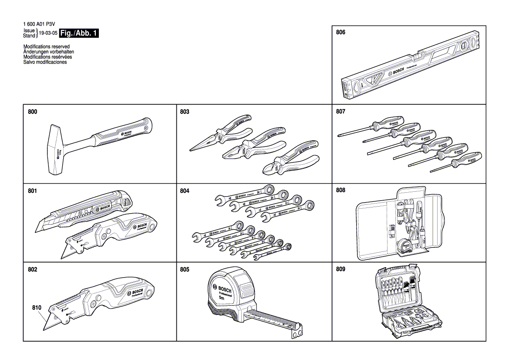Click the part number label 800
point(32,112)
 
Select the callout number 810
point(37,307)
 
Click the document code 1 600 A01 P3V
point(40,25)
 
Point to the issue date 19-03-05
point(48,33)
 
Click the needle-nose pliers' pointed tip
point(192,149)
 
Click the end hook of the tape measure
point(297,331)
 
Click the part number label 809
point(340,269)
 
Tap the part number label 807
point(340,112)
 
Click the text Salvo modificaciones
point(45,62)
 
